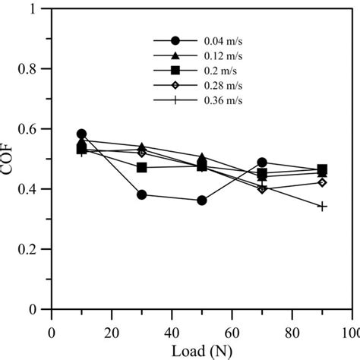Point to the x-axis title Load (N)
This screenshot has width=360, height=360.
click(x=201, y=351)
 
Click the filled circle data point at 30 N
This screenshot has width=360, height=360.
click(x=141, y=194)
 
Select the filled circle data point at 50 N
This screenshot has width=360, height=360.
click(x=202, y=201)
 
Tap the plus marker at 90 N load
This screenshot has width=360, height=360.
click(x=322, y=206)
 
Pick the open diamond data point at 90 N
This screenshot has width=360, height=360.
click(x=322, y=182)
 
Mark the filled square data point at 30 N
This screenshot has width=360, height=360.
click(x=141, y=167)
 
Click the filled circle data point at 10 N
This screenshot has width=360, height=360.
click(x=82, y=134)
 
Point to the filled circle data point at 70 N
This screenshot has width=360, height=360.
click(x=262, y=163)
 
